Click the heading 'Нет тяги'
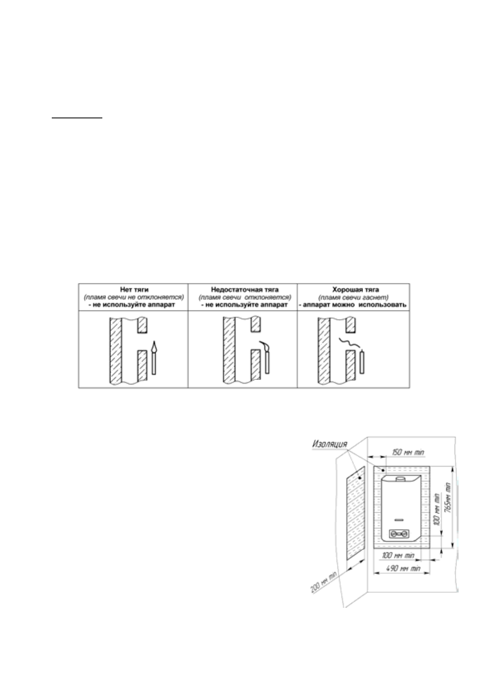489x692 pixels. point(133,289)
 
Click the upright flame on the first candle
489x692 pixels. point(154,346)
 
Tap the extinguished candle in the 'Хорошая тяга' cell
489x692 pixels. point(362,362)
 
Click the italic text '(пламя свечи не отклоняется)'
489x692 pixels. point(133,297)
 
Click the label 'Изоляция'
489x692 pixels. point(330,444)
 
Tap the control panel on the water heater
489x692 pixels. point(399,534)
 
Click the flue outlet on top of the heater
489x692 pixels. point(401,479)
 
